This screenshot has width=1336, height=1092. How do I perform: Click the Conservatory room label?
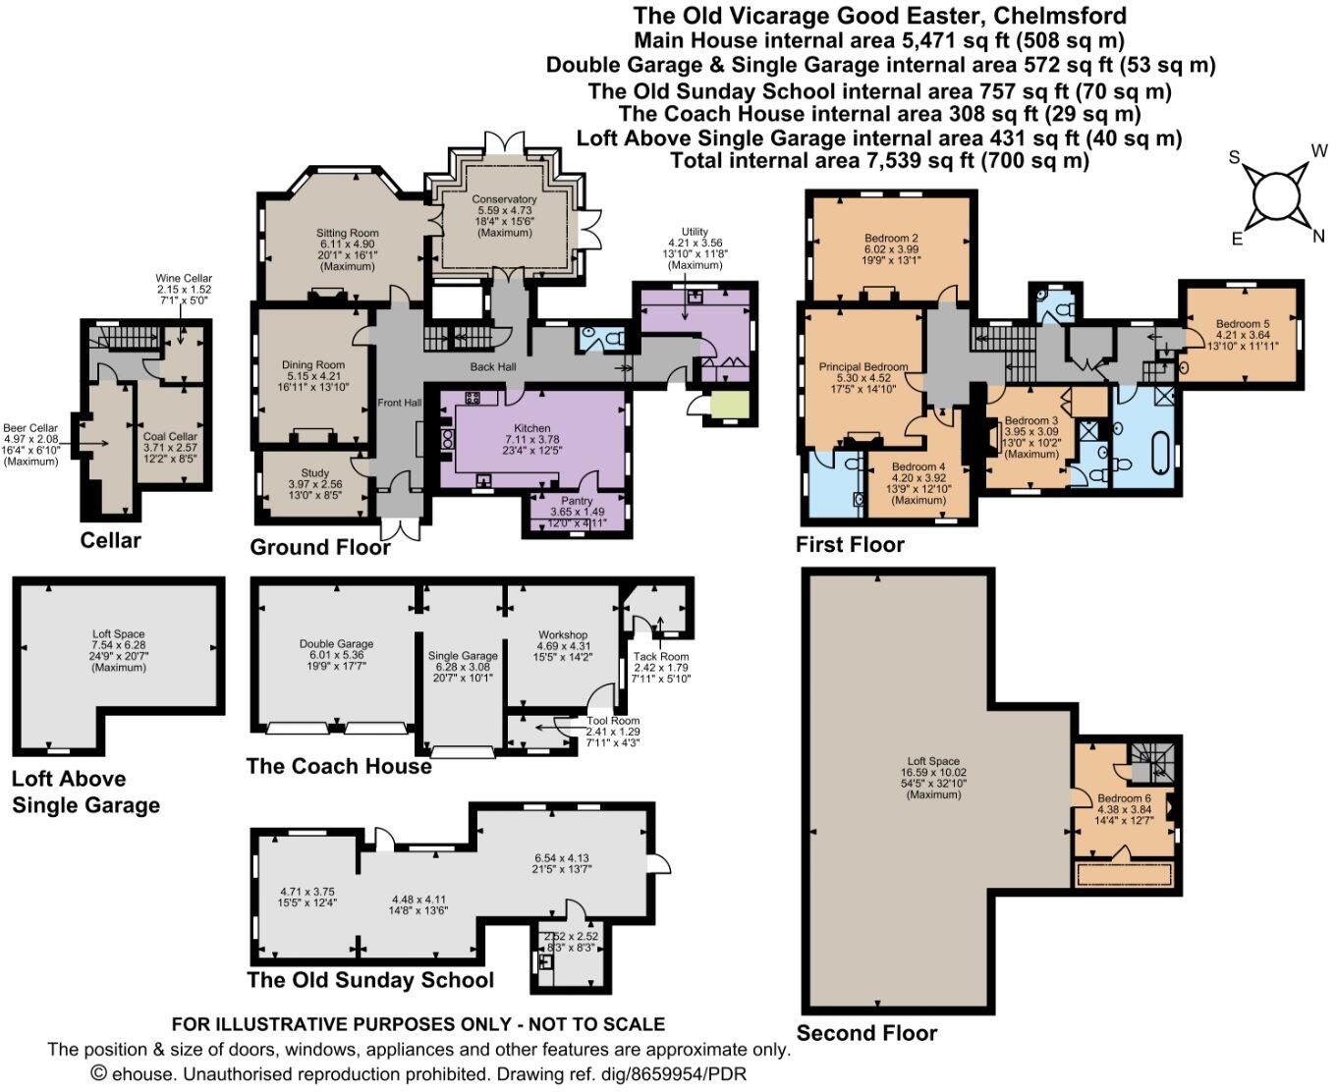point(504,199)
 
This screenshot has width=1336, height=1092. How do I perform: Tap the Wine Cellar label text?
point(184,278)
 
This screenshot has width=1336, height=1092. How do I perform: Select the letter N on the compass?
point(1318,236)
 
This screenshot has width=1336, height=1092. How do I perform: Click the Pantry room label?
point(577,501)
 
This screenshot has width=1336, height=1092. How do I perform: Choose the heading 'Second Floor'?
point(866,1033)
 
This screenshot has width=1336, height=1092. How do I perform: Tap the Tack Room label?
point(660,656)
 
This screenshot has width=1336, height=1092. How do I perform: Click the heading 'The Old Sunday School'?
point(370,980)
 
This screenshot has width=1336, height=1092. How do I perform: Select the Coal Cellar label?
point(170,436)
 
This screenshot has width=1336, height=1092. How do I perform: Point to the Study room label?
point(315,473)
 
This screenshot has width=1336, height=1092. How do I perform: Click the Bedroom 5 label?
point(1243,324)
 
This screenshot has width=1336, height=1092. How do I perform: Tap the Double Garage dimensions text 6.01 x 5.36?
point(336,655)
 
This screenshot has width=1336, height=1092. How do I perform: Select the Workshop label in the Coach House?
point(563,634)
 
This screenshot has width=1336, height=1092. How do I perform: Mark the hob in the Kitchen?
point(473,398)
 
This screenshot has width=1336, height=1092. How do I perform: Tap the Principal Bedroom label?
point(863,366)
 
